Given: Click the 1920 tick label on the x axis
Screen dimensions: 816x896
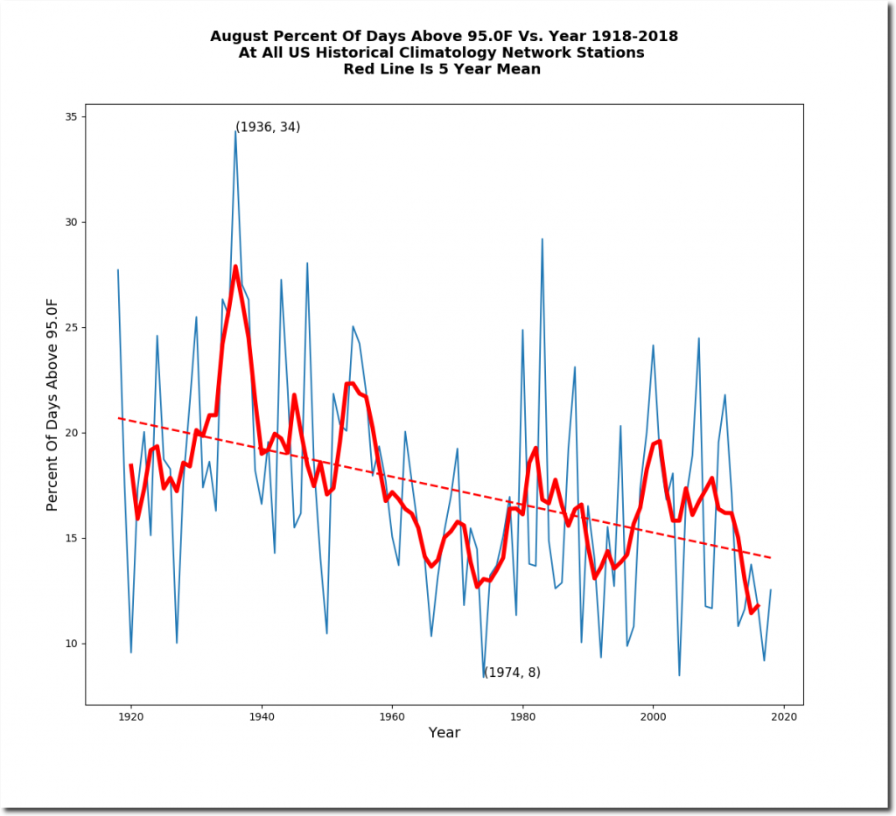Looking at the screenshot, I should (131, 715).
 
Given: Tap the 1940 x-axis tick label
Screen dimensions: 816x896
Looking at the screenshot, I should (262, 715).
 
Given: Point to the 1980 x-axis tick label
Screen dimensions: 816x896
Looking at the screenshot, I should (522, 715).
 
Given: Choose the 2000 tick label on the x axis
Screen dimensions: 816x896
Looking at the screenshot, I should (654, 715).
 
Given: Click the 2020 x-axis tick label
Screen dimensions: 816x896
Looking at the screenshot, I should (784, 715).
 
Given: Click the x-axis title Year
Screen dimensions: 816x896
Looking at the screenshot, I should (444, 733).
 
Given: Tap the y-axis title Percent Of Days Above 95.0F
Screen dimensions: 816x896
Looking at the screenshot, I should (52, 404).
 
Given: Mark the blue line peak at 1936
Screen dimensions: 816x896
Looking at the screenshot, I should (235, 130).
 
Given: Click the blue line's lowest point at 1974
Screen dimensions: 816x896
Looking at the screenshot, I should (484, 677).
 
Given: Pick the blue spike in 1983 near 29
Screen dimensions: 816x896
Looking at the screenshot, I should (542, 239).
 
